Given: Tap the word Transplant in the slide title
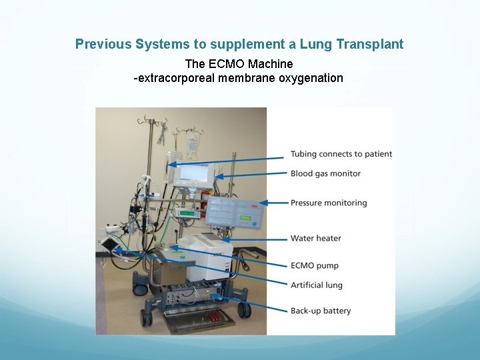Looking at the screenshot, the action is click(370, 45).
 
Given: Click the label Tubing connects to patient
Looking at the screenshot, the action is click(341, 154).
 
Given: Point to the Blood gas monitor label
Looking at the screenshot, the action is click(325, 173).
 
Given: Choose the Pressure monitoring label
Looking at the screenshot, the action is click(329, 203).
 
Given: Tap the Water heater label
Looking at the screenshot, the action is click(315, 238).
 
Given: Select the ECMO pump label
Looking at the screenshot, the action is click(315, 266).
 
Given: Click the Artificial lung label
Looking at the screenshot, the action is click(317, 285).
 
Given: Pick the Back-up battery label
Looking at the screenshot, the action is click(321, 311).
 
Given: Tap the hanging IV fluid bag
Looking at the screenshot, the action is click(192, 144).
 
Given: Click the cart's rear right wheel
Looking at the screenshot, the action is click(245, 309).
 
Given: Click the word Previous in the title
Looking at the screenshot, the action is click(103, 45).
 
